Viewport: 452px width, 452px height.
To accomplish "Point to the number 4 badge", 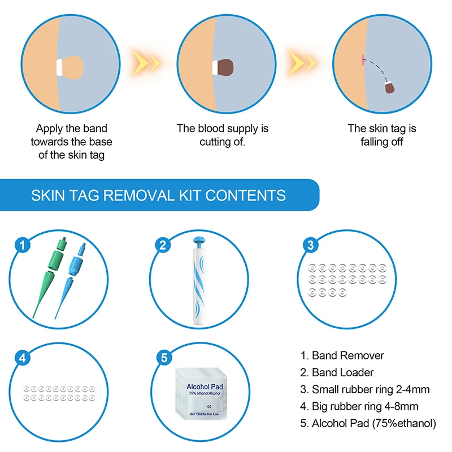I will pos(23,358).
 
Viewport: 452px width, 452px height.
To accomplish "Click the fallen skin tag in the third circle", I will pos(389,87).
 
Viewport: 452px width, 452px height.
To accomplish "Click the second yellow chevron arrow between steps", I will pos(302,59).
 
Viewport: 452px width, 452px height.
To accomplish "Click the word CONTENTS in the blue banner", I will pos(245,195).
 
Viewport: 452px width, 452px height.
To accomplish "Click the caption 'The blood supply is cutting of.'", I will pos(222,135).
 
